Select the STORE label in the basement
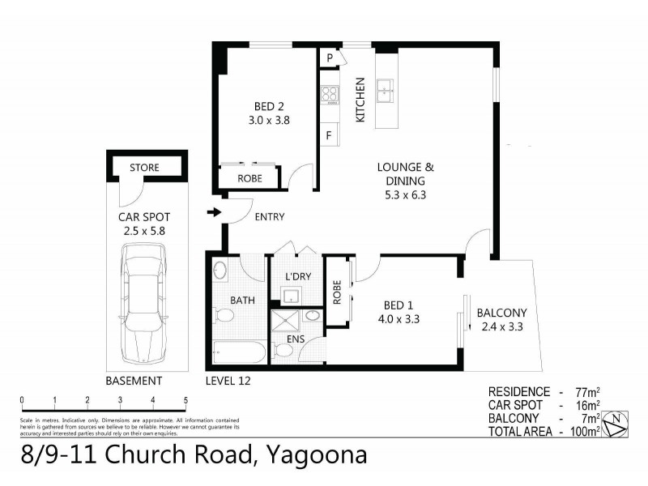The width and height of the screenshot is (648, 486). point(145,168)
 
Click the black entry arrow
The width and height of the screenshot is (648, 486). point(214,213)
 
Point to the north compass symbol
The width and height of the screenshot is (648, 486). point(618,421)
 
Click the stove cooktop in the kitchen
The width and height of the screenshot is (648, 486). point(329,94)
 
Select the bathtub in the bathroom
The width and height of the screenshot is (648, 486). point(237,352)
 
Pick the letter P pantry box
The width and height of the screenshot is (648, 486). point(330,58)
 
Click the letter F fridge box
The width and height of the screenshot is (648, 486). point(329,135)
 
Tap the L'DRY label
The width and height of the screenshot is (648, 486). point(297,276)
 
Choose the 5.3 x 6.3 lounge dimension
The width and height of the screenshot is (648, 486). point(406,194)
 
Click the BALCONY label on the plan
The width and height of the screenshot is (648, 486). point(501,313)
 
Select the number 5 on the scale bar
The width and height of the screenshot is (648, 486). point(185,400)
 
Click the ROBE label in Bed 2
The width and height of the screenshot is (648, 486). point(249,178)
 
